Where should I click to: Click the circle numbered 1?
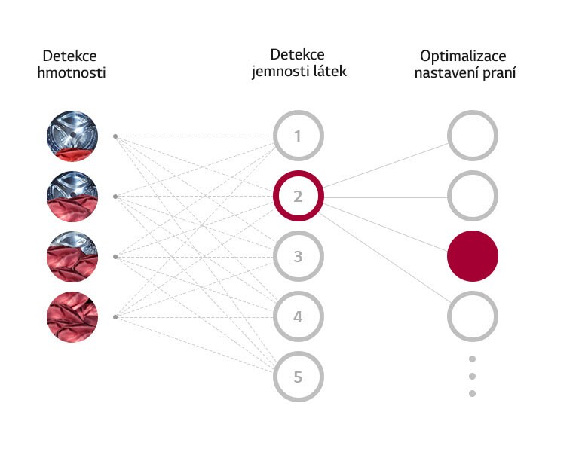point(298,136)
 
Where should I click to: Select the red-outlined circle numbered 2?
point(298,197)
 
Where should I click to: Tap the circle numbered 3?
point(298,257)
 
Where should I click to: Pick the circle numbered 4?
point(298,317)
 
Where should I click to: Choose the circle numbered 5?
point(298,377)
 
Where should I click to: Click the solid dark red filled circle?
point(473,256)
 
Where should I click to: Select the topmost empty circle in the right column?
point(473,136)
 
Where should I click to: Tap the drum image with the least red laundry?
point(72,136)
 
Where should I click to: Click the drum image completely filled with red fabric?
point(72,317)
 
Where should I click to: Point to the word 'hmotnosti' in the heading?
point(70,73)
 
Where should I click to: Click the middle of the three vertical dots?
point(473,376)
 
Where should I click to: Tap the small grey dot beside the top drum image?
point(115,136)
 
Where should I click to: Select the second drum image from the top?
point(72,197)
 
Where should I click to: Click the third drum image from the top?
point(72,257)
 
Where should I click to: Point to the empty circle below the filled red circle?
point(473,317)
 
